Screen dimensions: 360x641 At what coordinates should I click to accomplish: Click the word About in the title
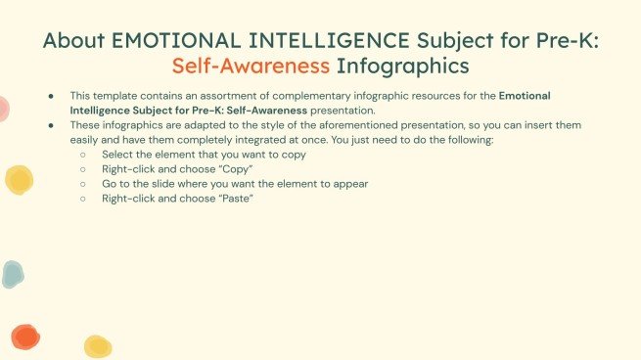pyautogui.click(x=75, y=41)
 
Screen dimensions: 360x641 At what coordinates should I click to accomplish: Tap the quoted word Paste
pyautogui.click(x=232, y=199)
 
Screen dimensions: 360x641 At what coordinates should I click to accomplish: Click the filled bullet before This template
pyautogui.click(x=52, y=96)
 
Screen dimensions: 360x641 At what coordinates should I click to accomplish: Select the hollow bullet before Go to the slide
pyautogui.click(x=84, y=184)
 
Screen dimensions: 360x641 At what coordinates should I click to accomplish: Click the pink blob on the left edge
pyautogui.click(x=3, y=109)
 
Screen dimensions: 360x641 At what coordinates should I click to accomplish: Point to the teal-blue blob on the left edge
pyautogui.click(x=11, y=275)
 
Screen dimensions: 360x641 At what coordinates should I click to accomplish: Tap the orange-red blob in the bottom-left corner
pyautogui.click(x=24, y=337)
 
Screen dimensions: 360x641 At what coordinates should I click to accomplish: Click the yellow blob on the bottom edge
pyautogui.click(x=97, y=346)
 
